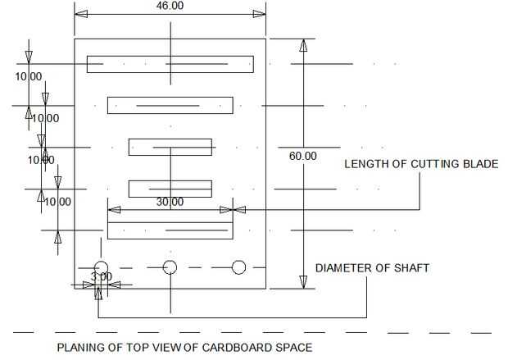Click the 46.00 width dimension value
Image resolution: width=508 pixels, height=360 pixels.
point(170,6)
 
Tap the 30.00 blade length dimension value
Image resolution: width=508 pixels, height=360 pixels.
point(170,202)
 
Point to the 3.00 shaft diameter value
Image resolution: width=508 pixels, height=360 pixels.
point(102,277)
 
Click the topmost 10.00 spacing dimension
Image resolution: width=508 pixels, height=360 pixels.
point(29,76)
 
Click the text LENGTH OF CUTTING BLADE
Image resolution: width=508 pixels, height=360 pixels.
point(420,164)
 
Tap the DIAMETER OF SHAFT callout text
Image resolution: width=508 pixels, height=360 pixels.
point(372,268)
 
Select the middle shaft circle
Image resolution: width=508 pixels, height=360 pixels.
point(170,267)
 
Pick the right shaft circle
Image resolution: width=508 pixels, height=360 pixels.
point(239,267)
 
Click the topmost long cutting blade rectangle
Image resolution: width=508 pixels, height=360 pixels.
point(170,63)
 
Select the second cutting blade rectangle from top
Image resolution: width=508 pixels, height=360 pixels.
point(170,106)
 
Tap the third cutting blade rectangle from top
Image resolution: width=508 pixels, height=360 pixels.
point(170,148)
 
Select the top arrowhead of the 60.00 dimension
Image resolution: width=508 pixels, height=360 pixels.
point(303,45)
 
